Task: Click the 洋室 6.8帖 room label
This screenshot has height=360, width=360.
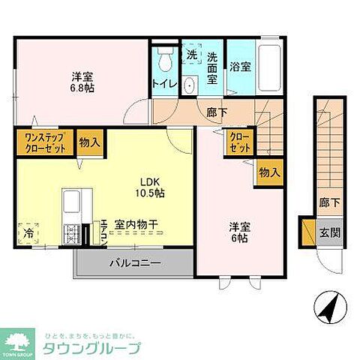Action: pyautogui.click(x=82, y=82)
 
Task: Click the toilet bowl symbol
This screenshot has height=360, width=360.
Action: pyautogui.click(x=164, y=59)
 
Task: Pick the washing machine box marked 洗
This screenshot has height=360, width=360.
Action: pyautogui.click(x=191, y=55)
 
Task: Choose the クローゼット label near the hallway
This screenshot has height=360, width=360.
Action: pyautogui.click(x=239, y=142)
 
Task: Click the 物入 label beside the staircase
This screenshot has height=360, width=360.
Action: pyautogui.click(x=270, y=172)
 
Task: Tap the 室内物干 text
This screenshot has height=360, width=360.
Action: pyautogui.click(x=136, y=225)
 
